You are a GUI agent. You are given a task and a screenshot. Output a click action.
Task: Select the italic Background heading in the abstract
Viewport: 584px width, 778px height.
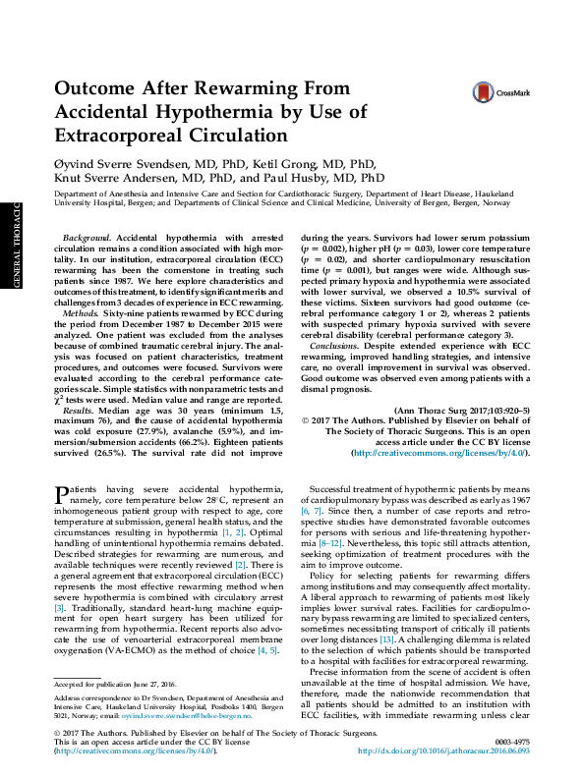pyautogui.click(x=86, y=239)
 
